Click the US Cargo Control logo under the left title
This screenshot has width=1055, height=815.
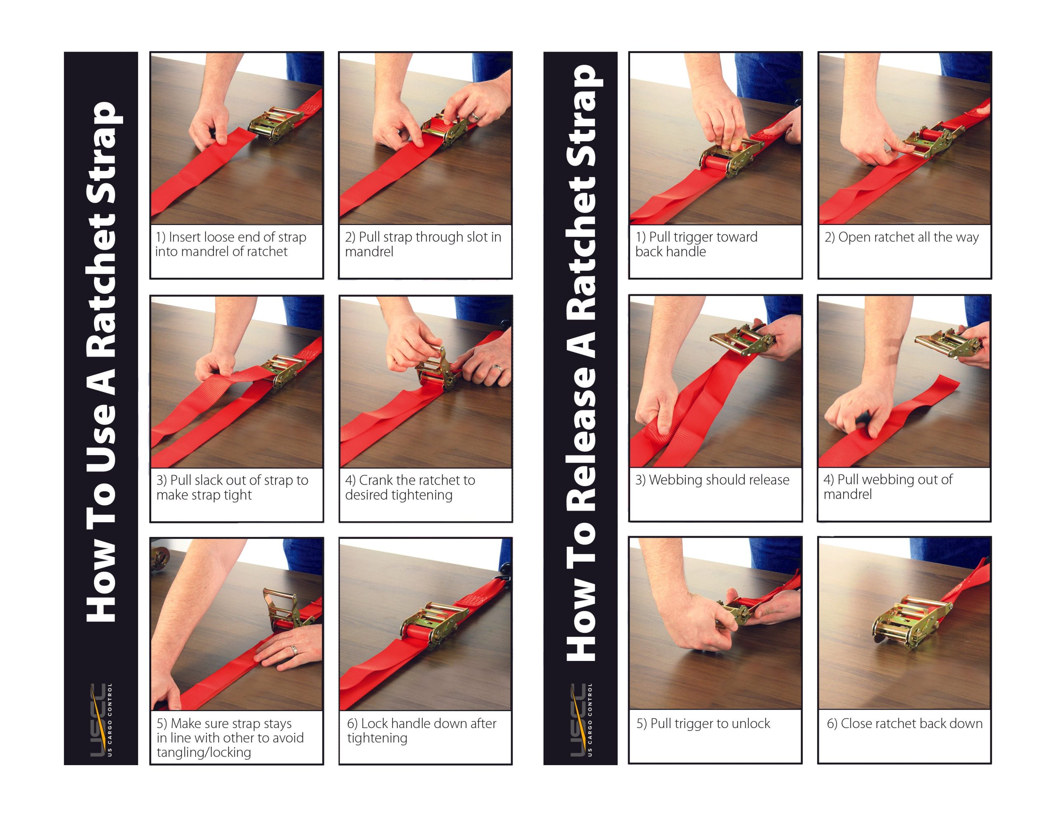tap(101, 719)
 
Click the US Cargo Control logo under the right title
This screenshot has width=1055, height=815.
tap(580, 719)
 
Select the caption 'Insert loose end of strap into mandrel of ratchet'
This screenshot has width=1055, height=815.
tap(231, 244)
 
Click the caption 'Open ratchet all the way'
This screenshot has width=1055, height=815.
tap(901, 237)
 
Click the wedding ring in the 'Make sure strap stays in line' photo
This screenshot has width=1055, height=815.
tap(293, 649)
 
